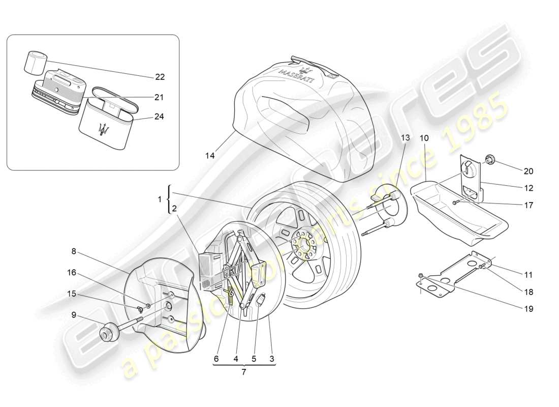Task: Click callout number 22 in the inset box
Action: coord(160,77)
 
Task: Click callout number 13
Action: coord(405,138)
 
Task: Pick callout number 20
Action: coord(529,171)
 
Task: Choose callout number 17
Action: coord(529,206)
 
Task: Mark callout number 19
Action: coord(529,308)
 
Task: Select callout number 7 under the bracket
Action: coord(243,372)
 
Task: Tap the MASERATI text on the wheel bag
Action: coord(296,77)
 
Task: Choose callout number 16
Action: coord(71,273)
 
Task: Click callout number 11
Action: coord(529,275)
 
